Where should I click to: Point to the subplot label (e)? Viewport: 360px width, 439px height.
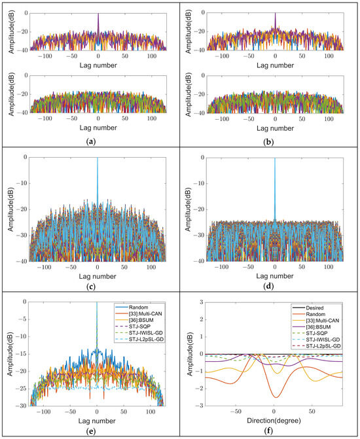[x=89, y=432]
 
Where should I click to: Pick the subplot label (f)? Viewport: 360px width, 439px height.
[x=268, y=432]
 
